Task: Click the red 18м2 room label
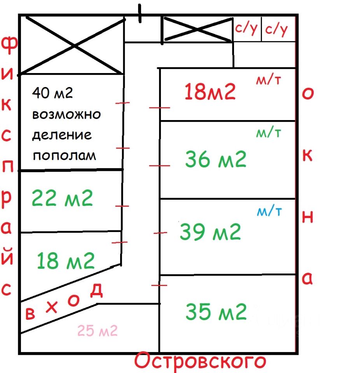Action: click(x=210, y=92)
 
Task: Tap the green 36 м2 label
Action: click(x=216, y=159)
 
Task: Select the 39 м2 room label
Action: click(x=210, y=232)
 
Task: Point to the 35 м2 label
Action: click(x=216, y=311)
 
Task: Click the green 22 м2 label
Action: click(x=62, y=199)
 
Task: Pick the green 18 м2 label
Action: click(x=66, y=261)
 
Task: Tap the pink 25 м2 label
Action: click(x=97, y=331)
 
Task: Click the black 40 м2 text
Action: click(x=53, y=93)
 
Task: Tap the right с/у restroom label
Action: click(x=276, y=29)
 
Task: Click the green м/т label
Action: click(x=268, y=133)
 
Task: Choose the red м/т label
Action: click(x=268, y=80)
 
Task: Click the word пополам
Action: click(x=64, y=156)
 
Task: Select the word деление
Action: click(x=62, y=135)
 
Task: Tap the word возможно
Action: click(x=66, y=115)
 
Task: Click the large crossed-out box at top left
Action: click(x=72, y=45)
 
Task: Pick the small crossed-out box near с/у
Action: click(x=197, y=29)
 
